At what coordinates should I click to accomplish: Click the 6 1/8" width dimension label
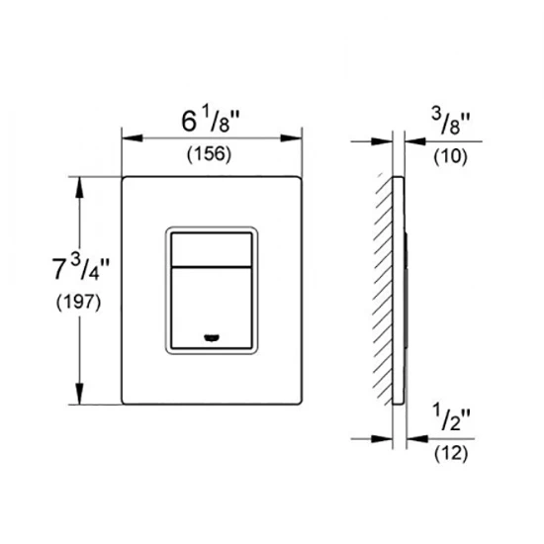coord(211,121)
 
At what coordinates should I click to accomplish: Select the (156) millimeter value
coord(209,154)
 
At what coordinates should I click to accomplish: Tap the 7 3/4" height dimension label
coord(80,267)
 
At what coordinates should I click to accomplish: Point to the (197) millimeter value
coord(78,303)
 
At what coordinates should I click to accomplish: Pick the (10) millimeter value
coord(450,156)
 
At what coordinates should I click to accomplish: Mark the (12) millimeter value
coord(451,453)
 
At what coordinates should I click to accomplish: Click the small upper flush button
coord(212,249)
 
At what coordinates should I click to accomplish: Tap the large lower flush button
coord(212,308)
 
